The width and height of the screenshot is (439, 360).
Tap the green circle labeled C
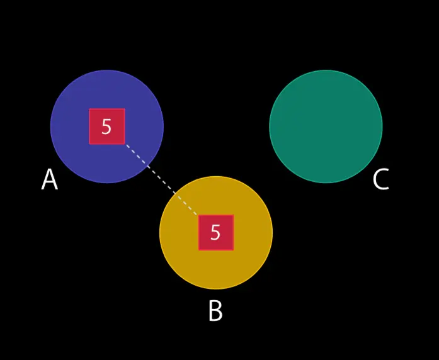coord(326,126)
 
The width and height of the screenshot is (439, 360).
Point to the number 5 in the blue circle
coord(106,127)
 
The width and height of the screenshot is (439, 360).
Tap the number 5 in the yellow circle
coord(215,233)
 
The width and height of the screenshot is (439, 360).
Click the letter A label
coord(49,180)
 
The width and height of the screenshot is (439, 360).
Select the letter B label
coord(215,311)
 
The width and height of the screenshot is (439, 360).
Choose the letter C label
coord(380,180)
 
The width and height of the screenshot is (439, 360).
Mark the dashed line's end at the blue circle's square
coord(125,144)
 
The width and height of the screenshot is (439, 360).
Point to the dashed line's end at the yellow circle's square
coord(198,216)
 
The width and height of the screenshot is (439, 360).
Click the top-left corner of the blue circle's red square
coord(89,109)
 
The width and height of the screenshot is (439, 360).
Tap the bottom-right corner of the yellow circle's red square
coord(233,250)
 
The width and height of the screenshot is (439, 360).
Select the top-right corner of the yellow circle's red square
coord(233,215)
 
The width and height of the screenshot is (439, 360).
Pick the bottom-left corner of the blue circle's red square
coord(89,144)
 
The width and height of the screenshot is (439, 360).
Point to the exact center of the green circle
coord(326,126)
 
